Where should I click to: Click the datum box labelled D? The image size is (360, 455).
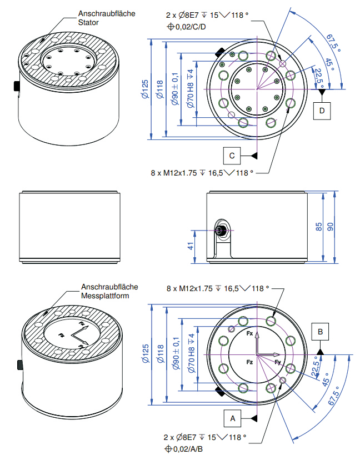(x=322, y=111)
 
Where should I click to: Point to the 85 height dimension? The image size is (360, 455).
(x=319, y=227)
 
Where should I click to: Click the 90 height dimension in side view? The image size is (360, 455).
(x=332, y=227)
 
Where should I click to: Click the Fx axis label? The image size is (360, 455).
(x=250, y=334)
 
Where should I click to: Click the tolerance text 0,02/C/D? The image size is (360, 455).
(x=188, y=27)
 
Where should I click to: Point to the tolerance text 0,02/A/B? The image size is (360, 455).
(x=187, y=448)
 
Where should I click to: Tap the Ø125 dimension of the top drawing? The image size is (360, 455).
(x=145, y=89)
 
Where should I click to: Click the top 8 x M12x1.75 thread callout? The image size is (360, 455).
(x=201, y=173)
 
